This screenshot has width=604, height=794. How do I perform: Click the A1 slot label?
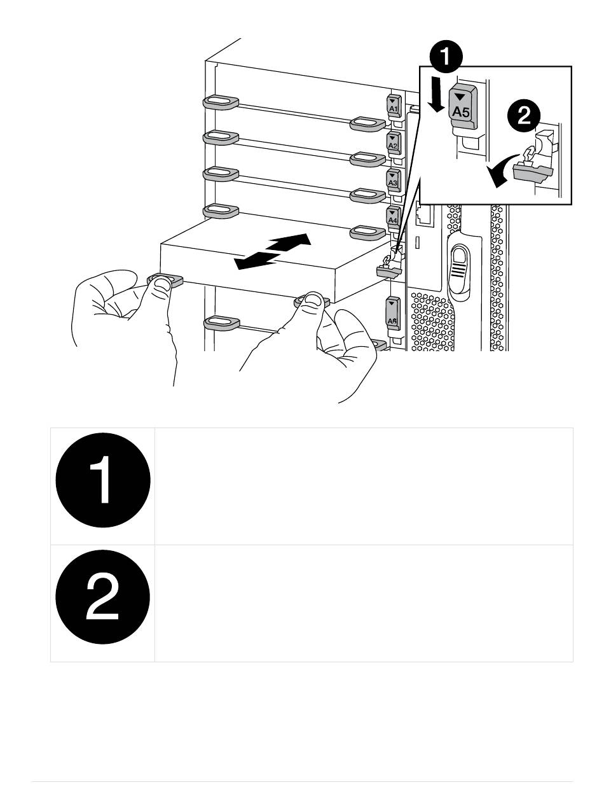click(393, 107)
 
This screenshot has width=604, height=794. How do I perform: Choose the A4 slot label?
click(393, 217)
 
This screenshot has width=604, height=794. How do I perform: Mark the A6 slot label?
click(392, 314)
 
